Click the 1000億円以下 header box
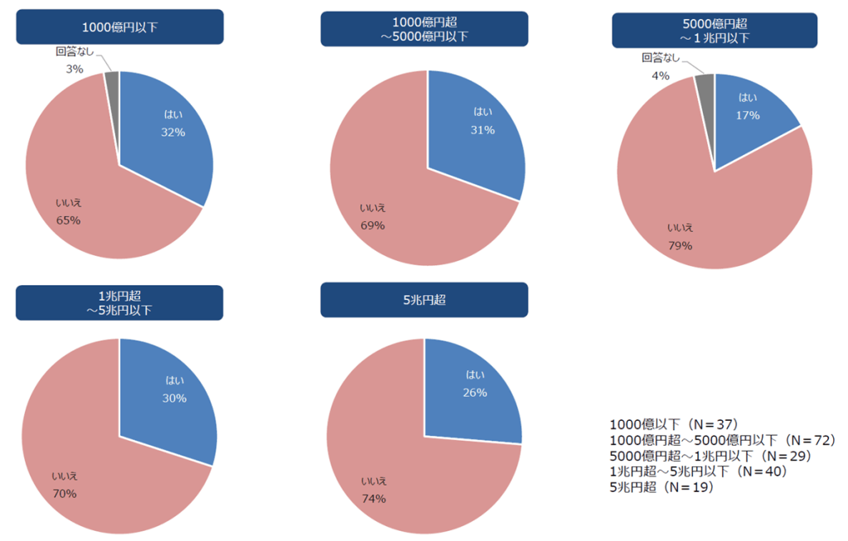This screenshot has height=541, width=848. pos(119,27)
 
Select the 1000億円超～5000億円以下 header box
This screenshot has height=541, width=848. pos(424,29)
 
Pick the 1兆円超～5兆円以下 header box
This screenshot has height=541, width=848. pos(119,303)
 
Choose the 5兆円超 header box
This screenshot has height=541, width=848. pos(424,300)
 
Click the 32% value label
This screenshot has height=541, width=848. pos(173,132)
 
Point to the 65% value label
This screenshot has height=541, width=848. pos(68,220)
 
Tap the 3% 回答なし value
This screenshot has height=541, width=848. pos(75,70)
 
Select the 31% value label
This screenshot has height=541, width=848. pos(483,129)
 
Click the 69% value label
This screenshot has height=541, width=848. pos(372,225)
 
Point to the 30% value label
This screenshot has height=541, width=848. pos(174,398)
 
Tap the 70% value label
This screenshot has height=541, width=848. pos(65,494)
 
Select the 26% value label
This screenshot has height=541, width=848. pos(475,392)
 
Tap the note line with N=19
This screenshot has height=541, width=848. pos(661,487)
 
